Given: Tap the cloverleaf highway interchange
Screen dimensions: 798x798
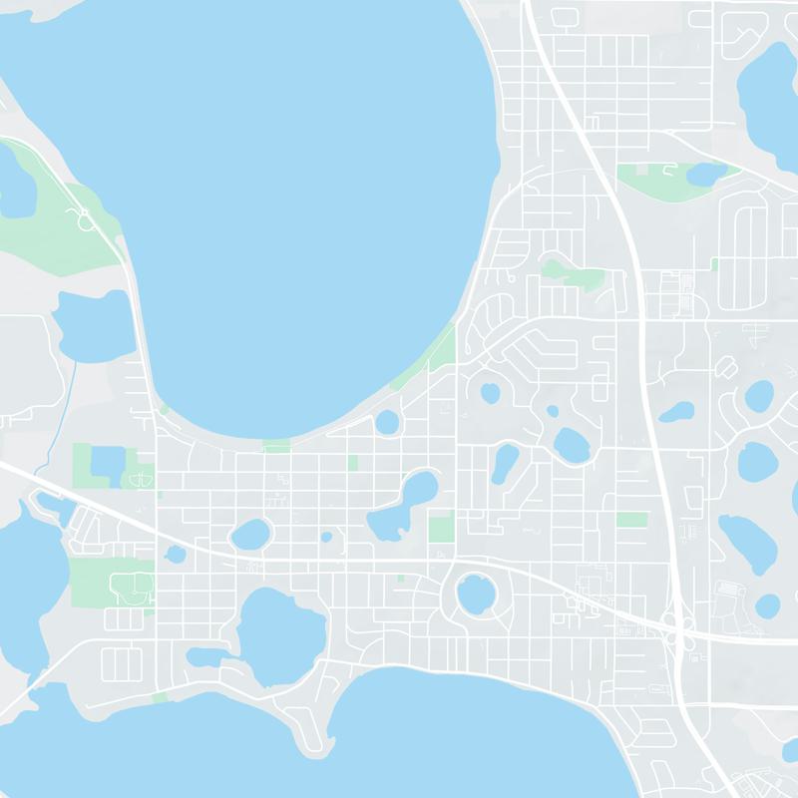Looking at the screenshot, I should [679, 627].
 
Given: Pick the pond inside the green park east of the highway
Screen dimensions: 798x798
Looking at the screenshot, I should [706, 175].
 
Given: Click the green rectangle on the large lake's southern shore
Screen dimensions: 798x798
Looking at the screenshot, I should [276, 445].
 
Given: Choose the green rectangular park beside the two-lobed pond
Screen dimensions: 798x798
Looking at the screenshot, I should [440, 527].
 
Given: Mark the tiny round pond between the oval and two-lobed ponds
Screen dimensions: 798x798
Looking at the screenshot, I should [326, 537].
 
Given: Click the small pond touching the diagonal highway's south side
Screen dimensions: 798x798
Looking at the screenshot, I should [176, 554].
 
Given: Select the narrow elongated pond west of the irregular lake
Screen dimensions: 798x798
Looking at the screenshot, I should [207, 657].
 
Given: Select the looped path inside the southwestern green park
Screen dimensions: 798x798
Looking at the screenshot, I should [130, 588].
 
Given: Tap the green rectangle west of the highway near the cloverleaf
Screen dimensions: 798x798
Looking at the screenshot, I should [630, 520].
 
